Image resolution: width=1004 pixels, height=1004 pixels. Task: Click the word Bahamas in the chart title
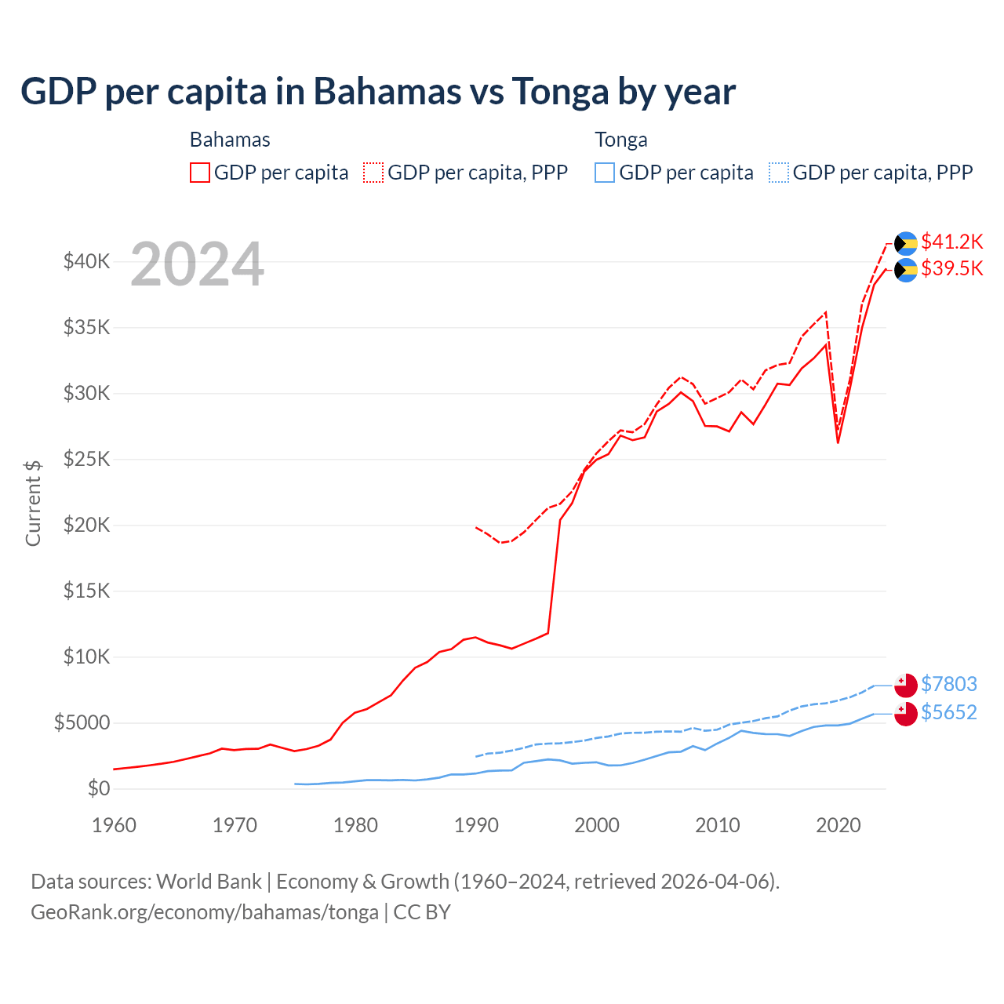tap(387, 92)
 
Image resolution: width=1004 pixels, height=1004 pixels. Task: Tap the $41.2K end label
tap(951, 242)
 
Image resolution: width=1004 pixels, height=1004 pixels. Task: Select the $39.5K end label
tap(951, 269)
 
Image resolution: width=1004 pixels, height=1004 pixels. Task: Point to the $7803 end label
tap(948, 685)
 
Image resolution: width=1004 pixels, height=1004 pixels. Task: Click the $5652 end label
tap(948, 713)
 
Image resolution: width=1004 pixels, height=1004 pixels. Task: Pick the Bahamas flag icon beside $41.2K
tap(906, 243)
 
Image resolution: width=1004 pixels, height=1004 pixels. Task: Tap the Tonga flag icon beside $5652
tap(906, 714)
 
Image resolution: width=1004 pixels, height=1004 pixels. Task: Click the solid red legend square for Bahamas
tap(200, 173)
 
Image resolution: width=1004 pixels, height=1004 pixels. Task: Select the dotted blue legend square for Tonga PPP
tap(779, 173)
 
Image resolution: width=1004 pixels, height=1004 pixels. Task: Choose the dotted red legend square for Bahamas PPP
tap(373, 173)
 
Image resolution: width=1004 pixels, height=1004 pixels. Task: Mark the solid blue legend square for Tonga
tap(605, 173)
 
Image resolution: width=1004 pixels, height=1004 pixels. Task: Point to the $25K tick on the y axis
tap(86, 459)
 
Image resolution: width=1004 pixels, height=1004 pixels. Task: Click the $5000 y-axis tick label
tap(82, 722)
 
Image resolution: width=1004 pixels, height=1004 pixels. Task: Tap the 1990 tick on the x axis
tap(476, 825)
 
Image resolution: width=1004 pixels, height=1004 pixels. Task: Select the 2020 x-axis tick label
tap(838, 825)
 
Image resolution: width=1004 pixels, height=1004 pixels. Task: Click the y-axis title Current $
tap(33, 503)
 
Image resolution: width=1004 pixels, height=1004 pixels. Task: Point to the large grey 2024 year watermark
tap(197, 265)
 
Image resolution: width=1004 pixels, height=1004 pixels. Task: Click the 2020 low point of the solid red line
tap(838, 442)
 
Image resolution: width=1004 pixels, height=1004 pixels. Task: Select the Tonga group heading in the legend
tap(621, 140)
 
